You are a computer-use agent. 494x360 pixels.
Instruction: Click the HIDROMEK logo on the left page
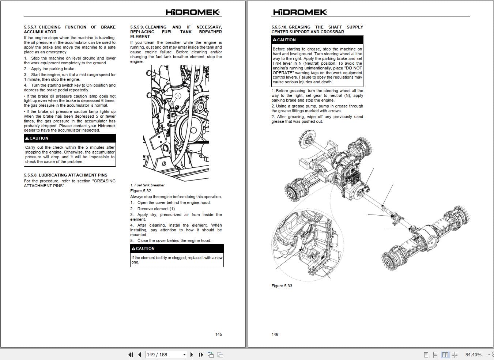[193, 12]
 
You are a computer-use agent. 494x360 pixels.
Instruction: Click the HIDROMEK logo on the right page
[300, 12]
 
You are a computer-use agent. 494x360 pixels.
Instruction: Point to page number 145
[218, 334]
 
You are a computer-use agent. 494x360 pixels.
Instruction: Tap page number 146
[275, 334]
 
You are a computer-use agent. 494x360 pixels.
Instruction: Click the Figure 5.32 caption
[140, 191]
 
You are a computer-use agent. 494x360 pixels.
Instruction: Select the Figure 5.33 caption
[282, 286]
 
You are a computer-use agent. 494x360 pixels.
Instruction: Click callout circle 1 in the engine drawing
[178, 96]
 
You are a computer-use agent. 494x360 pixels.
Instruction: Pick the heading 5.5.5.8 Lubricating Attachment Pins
[65, 175]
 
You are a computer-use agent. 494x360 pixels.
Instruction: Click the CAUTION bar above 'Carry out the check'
[69, 138]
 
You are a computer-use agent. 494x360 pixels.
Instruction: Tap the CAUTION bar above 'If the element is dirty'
[177, 249]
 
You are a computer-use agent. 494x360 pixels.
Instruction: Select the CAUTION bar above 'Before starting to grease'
[317, 40]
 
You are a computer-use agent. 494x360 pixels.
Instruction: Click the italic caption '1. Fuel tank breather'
[147, 185]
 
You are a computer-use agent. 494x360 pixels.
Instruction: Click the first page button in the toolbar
[131, 355]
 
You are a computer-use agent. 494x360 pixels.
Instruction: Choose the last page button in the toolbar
[201, 355]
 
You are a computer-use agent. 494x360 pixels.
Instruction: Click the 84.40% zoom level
[473, 355]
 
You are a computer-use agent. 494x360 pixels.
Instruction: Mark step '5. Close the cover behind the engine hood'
[171, 240]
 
